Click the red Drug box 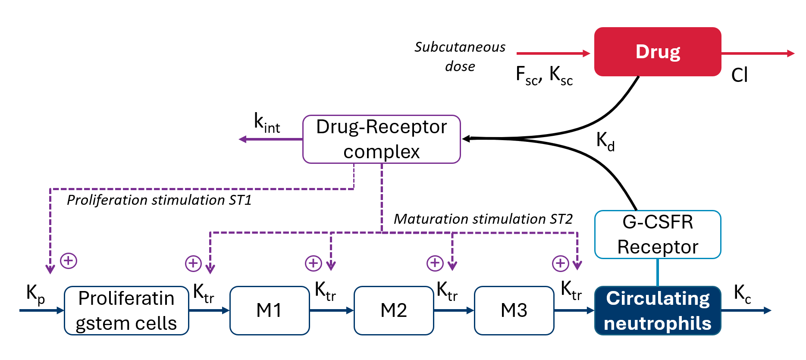click(x=657, y=52)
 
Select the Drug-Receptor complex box click(x=381, y=139)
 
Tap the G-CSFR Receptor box click(x=657, y=235)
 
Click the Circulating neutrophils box click(x=657, y=310)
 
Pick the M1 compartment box click(x=269, y=310)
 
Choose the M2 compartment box click(x=393, y=310)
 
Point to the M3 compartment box click(x=514, y=310)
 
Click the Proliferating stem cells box click(x=126, y=310)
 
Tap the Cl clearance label click(x=739, y=75)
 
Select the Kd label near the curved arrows click(x=605, y=141)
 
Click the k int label click(x=267, y=123)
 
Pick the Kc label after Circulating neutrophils click(x=742, y=294)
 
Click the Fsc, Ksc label click(x=544, y=75)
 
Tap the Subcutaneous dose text click(x=460, y=56)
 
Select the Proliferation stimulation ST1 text click(x=159, y=200)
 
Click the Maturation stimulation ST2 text click(x=483, y=219)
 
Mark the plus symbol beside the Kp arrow click(x=69, y=261)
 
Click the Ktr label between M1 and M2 click(x=325, y=291)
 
